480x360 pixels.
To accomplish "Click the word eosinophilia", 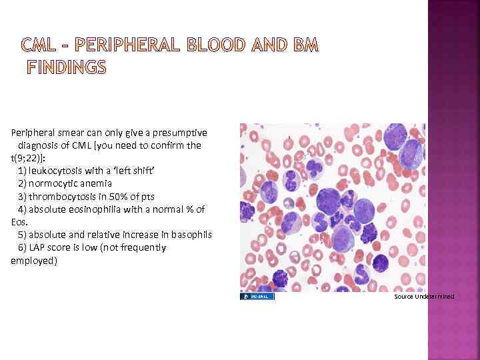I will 91,209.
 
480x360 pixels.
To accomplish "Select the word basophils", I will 191,235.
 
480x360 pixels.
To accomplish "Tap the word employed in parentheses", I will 33,261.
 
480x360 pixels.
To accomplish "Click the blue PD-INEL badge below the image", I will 257,296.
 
